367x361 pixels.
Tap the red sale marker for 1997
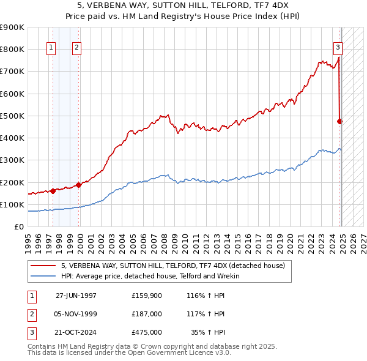pyautogui.click(x=53, y=191)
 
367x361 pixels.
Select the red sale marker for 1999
pyautogui.click(x=79, y=185)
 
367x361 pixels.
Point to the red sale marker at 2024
pyautogui.click(x=340, y=121)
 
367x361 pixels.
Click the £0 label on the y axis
pyautogui.click(x=19, y=227)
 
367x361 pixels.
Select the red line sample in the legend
pyautogui.click(x=43, y=266)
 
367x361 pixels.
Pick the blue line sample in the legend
pyautogui.click(x=43, y=276)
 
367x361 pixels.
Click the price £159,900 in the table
pyautogui.click(x=147, y=295)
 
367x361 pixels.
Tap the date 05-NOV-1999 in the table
pyautogui.click(x=76, y=313)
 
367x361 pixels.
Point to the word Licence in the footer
pyautogui.click(x=197, y=353)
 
